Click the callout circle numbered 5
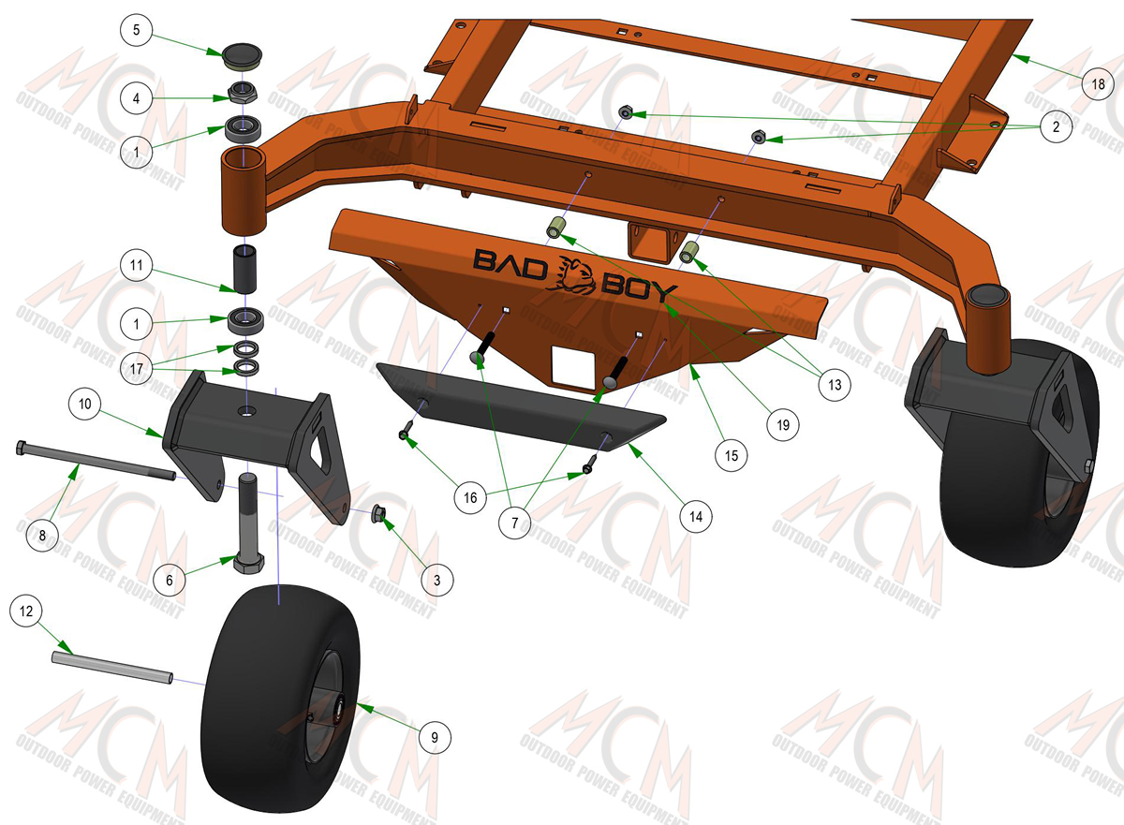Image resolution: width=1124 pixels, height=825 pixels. pyautogui.click(x=136, y=30)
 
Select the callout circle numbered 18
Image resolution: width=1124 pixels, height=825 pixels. pyautogui.click(x=1098, y=83)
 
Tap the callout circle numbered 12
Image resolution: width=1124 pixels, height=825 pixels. pyautogui.click(x=26, y=611)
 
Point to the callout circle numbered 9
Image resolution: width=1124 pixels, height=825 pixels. pyautogui.click(x=435, y=737)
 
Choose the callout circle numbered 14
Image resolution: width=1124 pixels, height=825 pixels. pyautogui.click(x=696, y=516)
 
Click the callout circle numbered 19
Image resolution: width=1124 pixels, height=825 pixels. pyautogui.click(x=783, y=425)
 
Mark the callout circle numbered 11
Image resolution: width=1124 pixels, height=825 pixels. pyautogui.click(x=136, y=265)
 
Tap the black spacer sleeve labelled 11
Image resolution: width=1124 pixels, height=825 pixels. pyautogui.click(x=244, y=270)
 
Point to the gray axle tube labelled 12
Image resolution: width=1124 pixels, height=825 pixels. pyautogui.click(x=112, y=667)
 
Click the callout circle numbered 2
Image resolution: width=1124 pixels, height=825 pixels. pyautogui.click(x=1056, y=126)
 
